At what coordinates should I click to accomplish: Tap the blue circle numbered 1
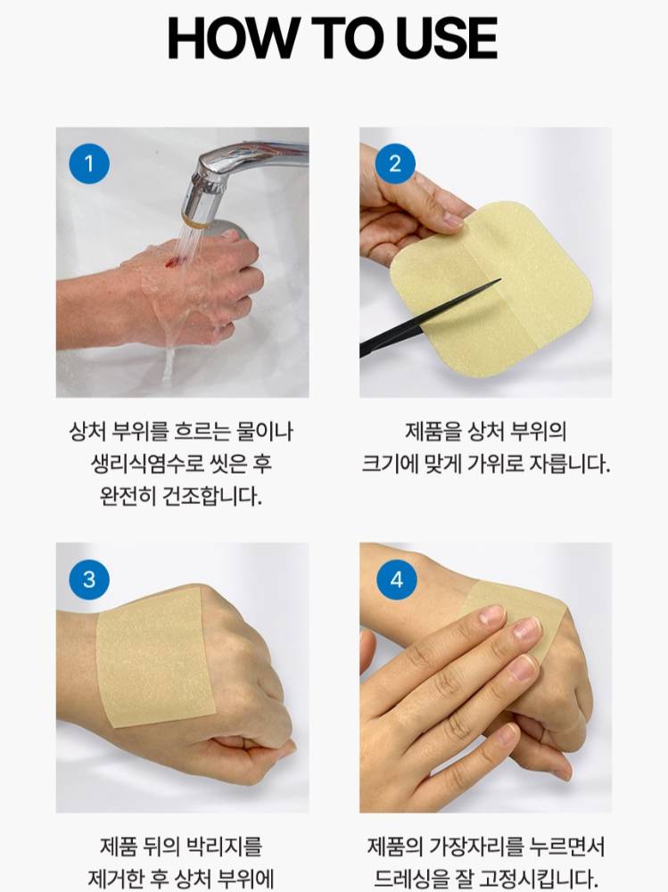pyautogui.click(x=89, y=164)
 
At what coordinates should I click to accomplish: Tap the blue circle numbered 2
pyautogui.click(x=395, y=164)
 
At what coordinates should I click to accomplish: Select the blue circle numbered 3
pyautogui.click(x=89, y=579)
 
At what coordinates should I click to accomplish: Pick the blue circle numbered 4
pyautogui.click(x=397, y=579)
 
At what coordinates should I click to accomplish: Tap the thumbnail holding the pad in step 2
pyautogui.click(x=453, y=219)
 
